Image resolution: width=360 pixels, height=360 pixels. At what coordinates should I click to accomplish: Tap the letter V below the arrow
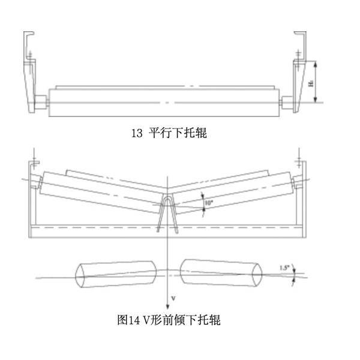pyautogui.click(x=173, y=298)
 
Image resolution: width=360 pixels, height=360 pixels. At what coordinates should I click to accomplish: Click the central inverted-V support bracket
pyautogui.click(x=167, y=213)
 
